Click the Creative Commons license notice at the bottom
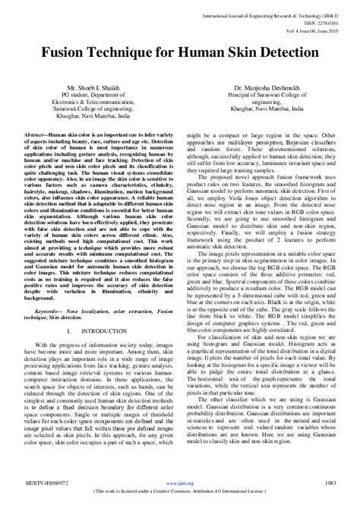pos(180,492)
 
